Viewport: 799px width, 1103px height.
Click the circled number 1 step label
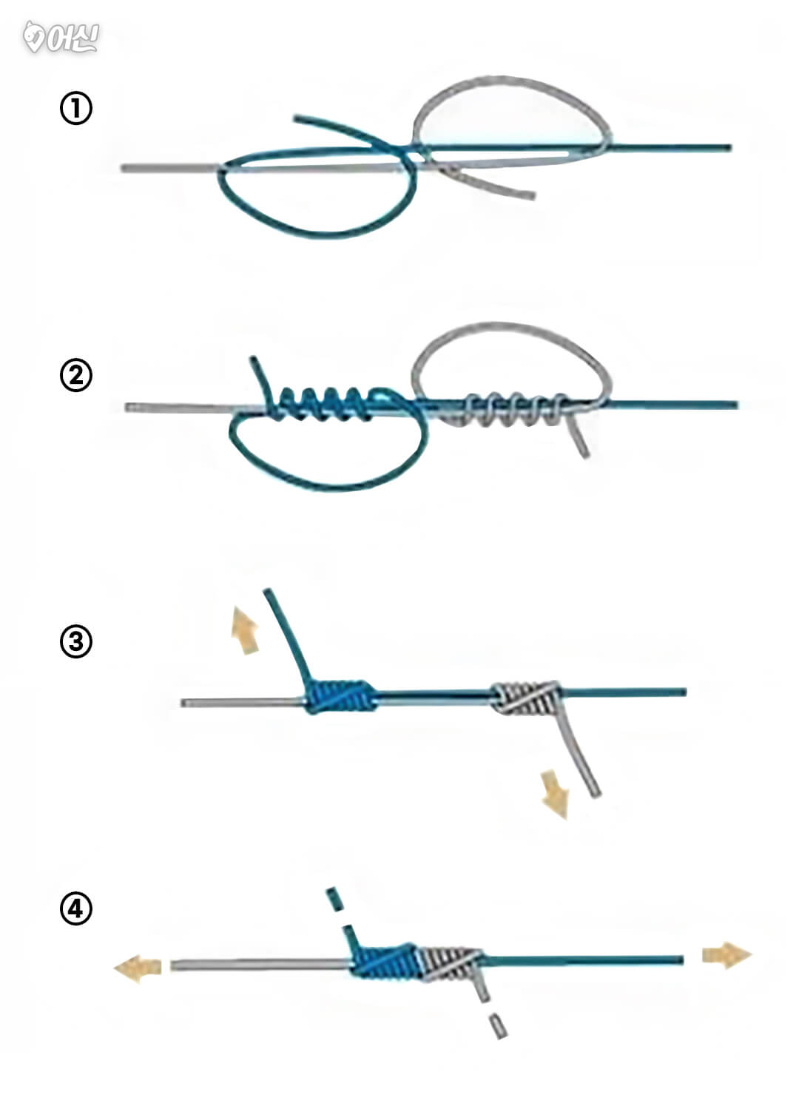[x=75, y=109]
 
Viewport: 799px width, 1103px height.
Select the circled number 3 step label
[x=75, y=641]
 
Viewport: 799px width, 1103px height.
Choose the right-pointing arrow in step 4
[x=727, y=955]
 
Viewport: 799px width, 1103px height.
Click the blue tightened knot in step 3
[x=340, y=696]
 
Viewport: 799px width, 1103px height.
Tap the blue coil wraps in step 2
[x=325, y=404]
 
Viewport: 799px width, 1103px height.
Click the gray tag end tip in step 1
[x=533, y=197]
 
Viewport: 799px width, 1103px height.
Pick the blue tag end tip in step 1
[x=295, y=118]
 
